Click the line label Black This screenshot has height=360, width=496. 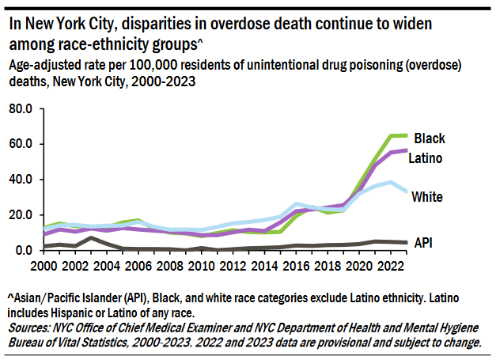click(x=430, y=138)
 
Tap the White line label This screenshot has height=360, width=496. click(x=427, y=197)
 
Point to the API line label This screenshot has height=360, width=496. click(x=424, y=243)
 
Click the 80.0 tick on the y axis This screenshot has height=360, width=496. click(x=20, y=108)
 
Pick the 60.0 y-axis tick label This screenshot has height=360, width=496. click(x=20, y=144)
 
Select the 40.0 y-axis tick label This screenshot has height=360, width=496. click(x=20, y=180)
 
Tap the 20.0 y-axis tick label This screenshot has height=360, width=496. click(x=20, y=215)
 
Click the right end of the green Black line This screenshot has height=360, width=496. click(x=407, y=135)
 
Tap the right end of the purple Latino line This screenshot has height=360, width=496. click(x=407, y=150)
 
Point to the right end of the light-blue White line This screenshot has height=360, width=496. click(x=407, y=191)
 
